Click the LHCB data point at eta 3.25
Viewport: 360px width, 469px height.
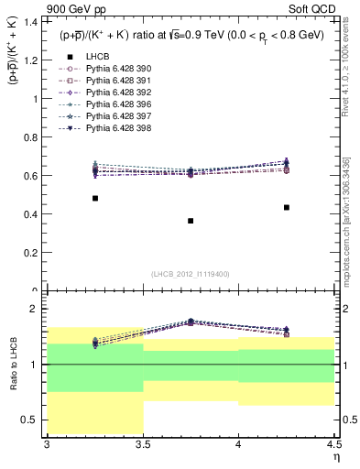[x=95, y=198]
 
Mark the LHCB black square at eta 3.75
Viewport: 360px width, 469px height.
[x=191, y=221]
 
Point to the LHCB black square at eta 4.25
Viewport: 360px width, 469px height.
[x=287, y=207]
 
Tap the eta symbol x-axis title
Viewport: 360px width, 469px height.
[x=335, y=456]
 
